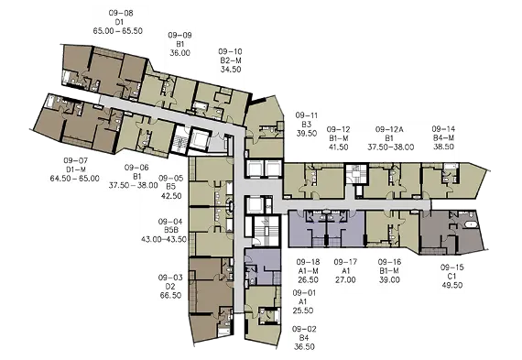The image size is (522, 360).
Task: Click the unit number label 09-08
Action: (x=121, y=13)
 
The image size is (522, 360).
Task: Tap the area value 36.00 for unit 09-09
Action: (x=179, y=53)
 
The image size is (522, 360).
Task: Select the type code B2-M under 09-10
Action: (x=231, y=60)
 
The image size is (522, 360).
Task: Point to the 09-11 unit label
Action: (x=307, y=115)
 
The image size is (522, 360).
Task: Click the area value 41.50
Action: (x=338, y=147)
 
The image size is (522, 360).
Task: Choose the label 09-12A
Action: (x=389, y=129)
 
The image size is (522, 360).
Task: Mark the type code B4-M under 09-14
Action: (x=443, y=138)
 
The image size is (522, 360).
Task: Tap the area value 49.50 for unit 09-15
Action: (x=452, y=285)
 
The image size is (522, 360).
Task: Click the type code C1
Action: (x=451, y=276)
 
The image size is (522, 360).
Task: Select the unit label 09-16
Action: (x=389, y=262)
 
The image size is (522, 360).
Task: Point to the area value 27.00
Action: (x=345, y=279)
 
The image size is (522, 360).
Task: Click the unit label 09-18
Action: (x=308, y=262)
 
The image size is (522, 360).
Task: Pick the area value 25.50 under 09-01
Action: (x=303, y=311)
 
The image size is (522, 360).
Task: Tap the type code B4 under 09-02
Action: (x=304, y=338)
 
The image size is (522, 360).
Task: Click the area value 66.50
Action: (x=170, y=295)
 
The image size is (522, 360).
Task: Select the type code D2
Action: (x=170, y=287)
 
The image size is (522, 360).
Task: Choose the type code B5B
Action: (x=171, y=230)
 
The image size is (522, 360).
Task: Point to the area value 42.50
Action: (x=171, y=196)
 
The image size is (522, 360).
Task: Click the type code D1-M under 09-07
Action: (x=76, y=169)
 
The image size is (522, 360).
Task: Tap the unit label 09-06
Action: (x=136, y=168)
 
